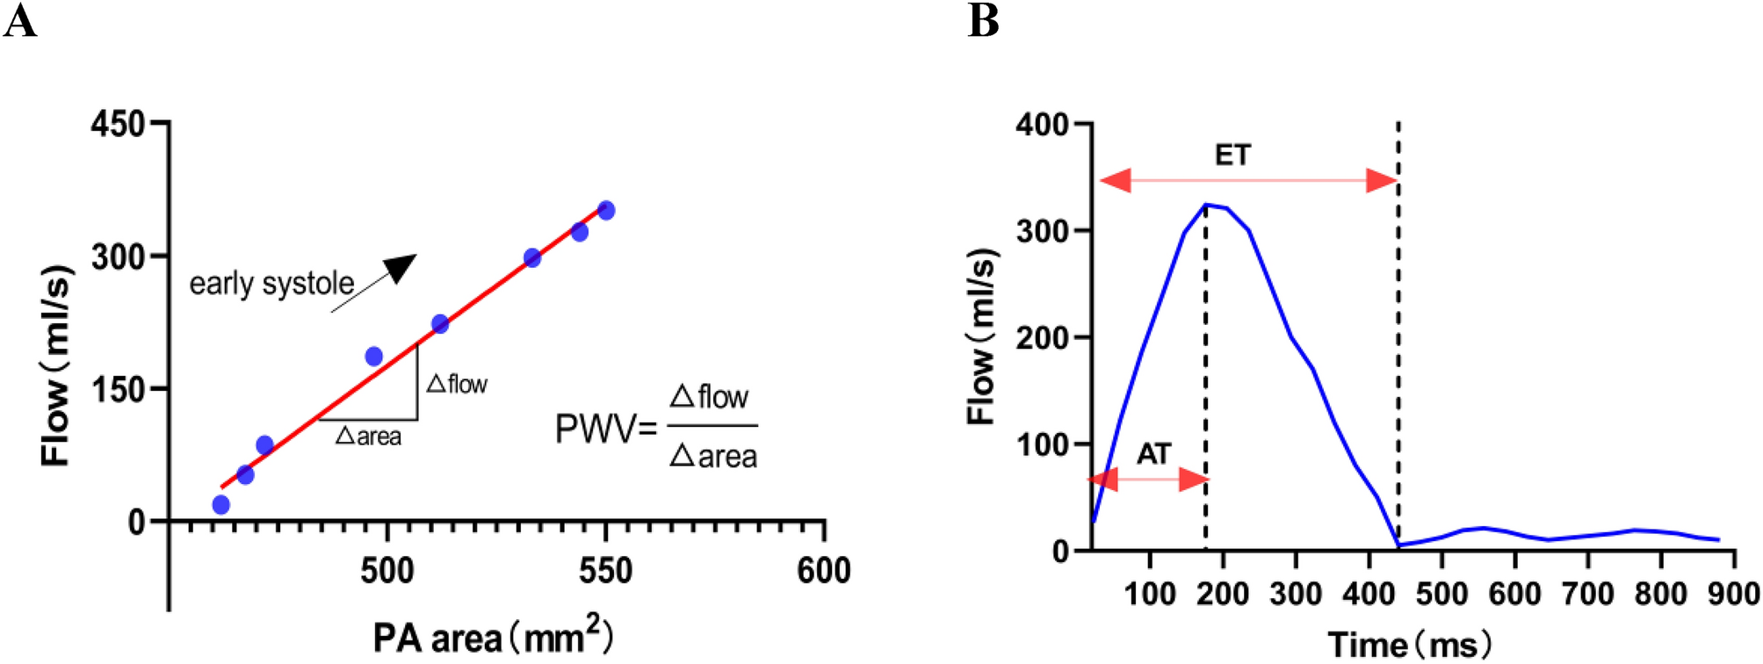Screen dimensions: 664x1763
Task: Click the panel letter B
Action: click(983, 21)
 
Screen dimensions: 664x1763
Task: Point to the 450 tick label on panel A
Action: click(118, 124)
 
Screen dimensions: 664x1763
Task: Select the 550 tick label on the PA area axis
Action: click(605, 571)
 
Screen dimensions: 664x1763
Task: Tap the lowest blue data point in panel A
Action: click(221, 504)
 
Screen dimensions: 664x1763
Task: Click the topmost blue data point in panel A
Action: click(606, 211)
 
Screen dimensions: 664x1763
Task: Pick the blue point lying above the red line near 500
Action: click(373, 357)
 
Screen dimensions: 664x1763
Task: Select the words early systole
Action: click(271, 284)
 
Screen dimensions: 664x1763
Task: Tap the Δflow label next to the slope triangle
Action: click(457, 384)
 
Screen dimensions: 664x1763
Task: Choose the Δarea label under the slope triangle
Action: click(369, 436)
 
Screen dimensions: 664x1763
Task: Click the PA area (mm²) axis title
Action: click(492, 636)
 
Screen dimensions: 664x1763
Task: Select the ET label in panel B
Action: click(1232, 155)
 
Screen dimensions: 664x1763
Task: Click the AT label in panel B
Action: click(1153, 454)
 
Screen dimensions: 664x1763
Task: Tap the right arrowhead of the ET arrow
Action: click(1383, 182)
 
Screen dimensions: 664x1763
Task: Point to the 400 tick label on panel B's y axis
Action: click(1042, 125)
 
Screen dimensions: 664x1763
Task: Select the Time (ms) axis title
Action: click(1408, 645)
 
